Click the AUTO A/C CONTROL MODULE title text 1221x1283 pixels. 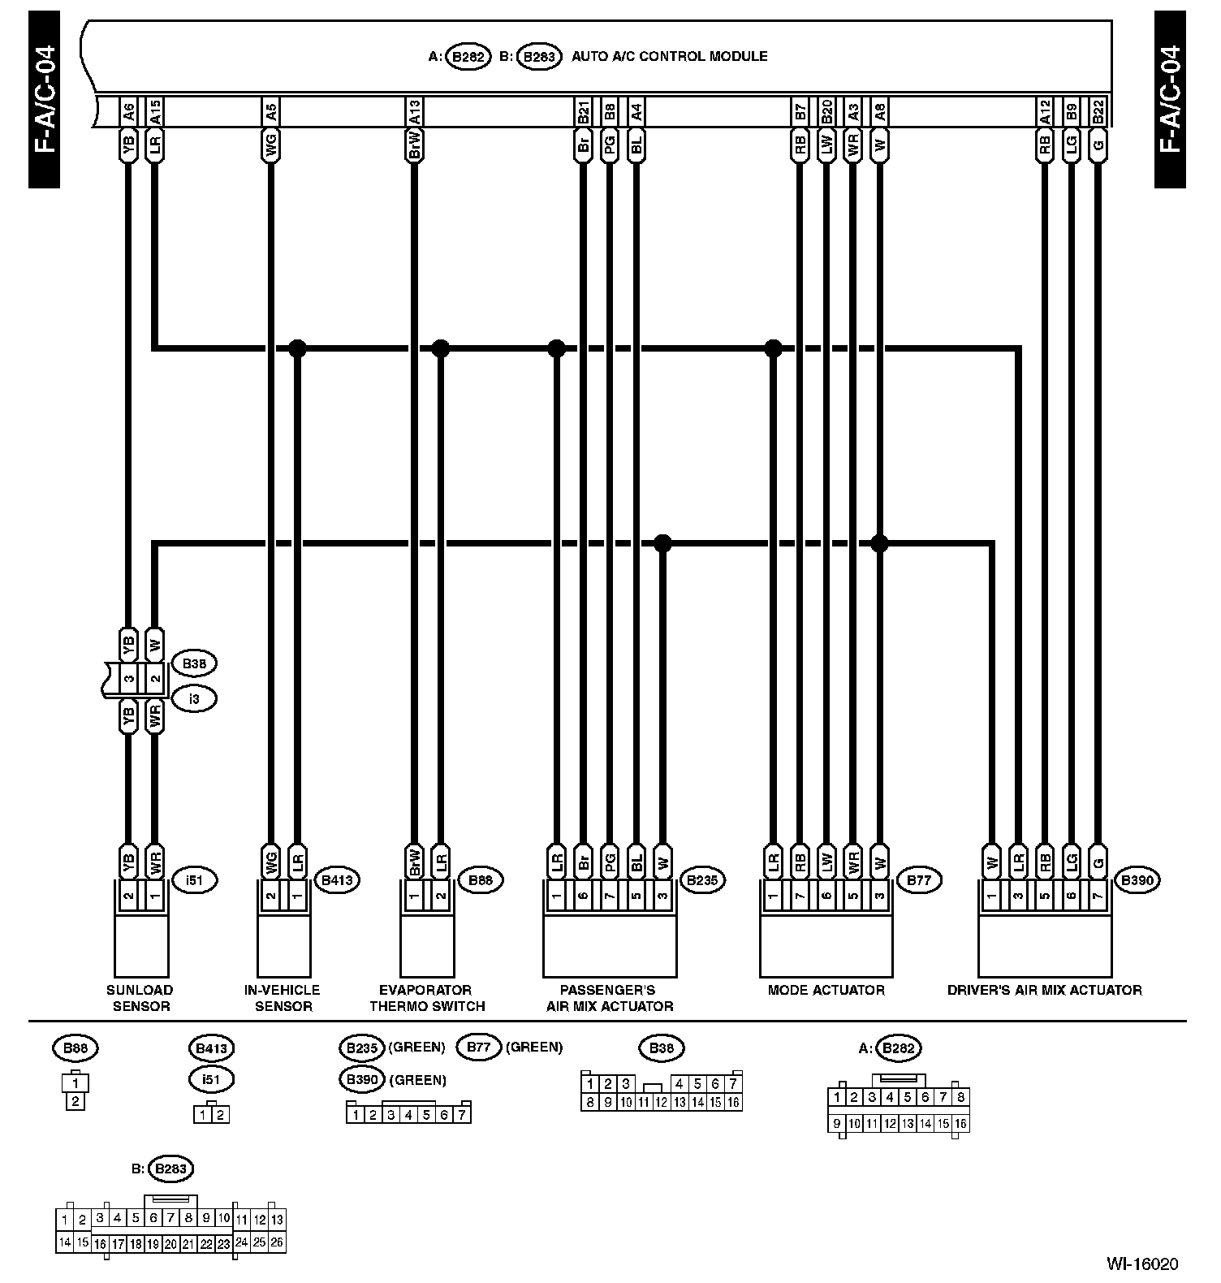(669, 57)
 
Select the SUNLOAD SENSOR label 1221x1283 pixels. (140, 998)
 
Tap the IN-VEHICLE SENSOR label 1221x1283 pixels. (283, 998)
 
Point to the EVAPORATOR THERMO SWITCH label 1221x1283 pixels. (426, 998)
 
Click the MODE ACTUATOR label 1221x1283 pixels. (826, 990)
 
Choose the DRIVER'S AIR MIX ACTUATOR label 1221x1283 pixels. (1044, 990)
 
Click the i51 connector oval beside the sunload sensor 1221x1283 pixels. (194, 880)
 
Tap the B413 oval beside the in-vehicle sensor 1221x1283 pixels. (337, 880)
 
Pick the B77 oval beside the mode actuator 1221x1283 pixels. (918, 880)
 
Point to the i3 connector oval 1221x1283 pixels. (194, 698)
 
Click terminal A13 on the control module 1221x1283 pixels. (414, 111)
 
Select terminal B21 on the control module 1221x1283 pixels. (583, 111)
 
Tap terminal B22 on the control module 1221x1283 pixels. (1098, 111)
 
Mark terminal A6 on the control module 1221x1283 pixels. (128, 111)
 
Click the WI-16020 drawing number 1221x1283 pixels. (1141, 1264)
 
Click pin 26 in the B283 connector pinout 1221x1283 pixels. (277, 1242)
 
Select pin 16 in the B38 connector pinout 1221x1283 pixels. (733, 1102)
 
